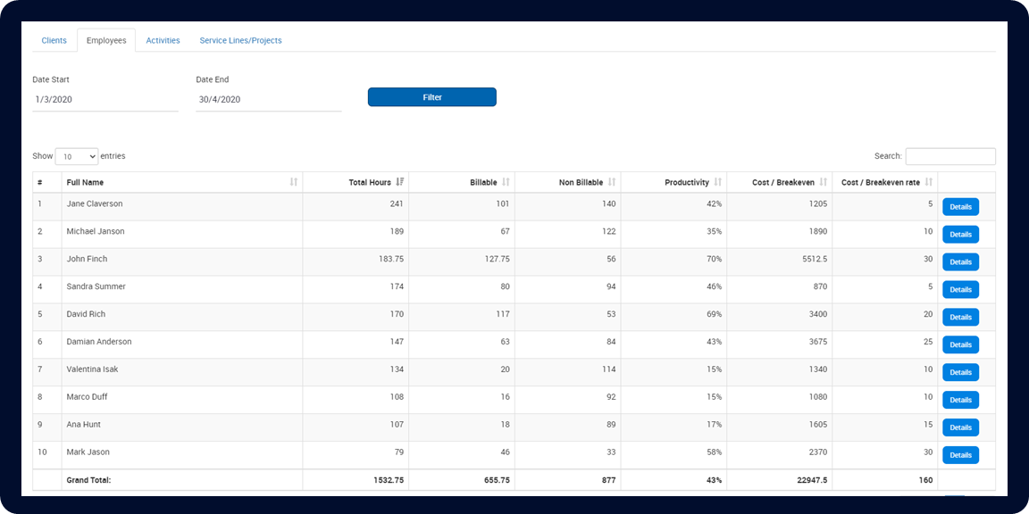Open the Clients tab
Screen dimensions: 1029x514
[54, 41]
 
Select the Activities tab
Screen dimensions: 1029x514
[163, 41]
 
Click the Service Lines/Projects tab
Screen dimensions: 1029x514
[241, 41]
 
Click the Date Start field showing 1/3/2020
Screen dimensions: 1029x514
[105, 100]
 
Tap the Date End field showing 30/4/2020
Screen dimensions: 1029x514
[268, 100]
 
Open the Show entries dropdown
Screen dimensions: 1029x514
[77, 157]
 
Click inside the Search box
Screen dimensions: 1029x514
[950, 157]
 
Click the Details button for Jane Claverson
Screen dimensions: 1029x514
[961, 206]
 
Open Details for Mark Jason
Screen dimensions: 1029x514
[961, 455]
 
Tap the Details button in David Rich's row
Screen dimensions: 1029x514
[961, 318]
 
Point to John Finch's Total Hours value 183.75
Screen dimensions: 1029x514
[390, 259]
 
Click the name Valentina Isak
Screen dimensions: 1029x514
[92, 369]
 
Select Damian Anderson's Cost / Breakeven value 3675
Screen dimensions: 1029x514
[817, 342]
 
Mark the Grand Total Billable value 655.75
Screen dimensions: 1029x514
[496, 481]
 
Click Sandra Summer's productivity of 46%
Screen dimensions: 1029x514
[714, 286]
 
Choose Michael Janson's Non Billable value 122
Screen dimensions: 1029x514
[610, 231]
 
